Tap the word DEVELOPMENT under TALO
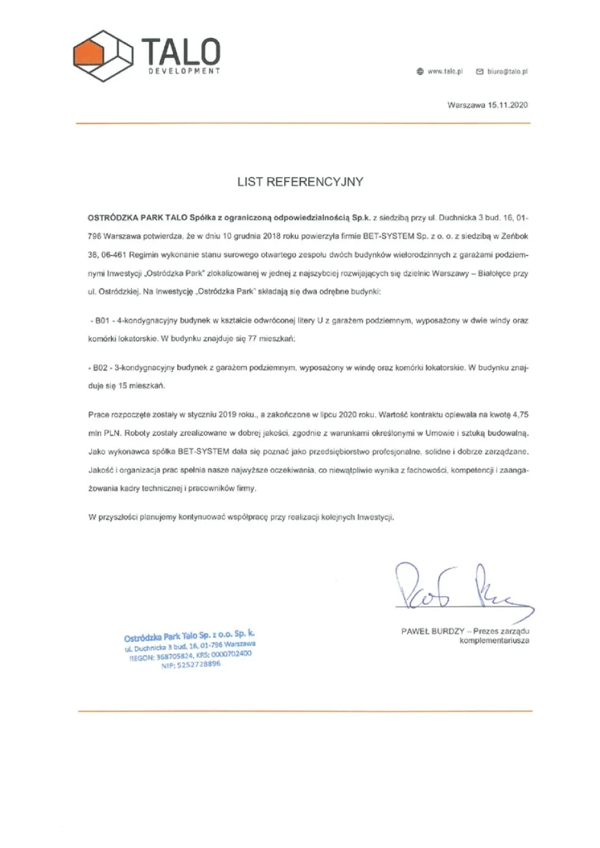pos(184,71)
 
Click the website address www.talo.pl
pos(444,71)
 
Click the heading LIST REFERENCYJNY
pos(300,183)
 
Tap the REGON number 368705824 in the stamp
pos(166,658)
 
